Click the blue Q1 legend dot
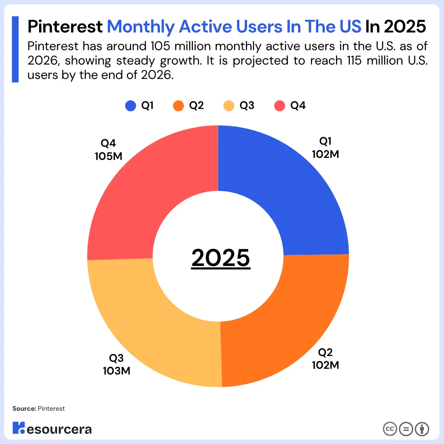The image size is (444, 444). pyautogui.click(x=130, y=106)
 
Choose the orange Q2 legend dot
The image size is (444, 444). pyautogui.click(x=178, y=106)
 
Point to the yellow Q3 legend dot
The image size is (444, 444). pyautogui.click(x=229, y=106)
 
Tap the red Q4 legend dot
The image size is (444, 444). pyautogui.click(x=280, y=106)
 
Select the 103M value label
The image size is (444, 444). pyautogui.click(x=116, y=370)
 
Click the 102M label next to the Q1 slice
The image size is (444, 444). pyautogui.click(x=325, y=154)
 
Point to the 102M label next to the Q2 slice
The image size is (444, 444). pyautogui.click(x=325, y=365)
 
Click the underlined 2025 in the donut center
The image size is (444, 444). pyautogui.click(x=221, y=258)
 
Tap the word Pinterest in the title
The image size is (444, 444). pyautogui.click(x=65, y=27)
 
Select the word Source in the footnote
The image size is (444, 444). pyautogui.click(x=23, y=409)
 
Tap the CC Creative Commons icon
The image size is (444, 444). pyautogui.click(x=390, y=429)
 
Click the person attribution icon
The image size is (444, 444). pyautogui.click(x=422, y=429)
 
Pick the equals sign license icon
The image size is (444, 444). pyautogui.click(x=406, y=429)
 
